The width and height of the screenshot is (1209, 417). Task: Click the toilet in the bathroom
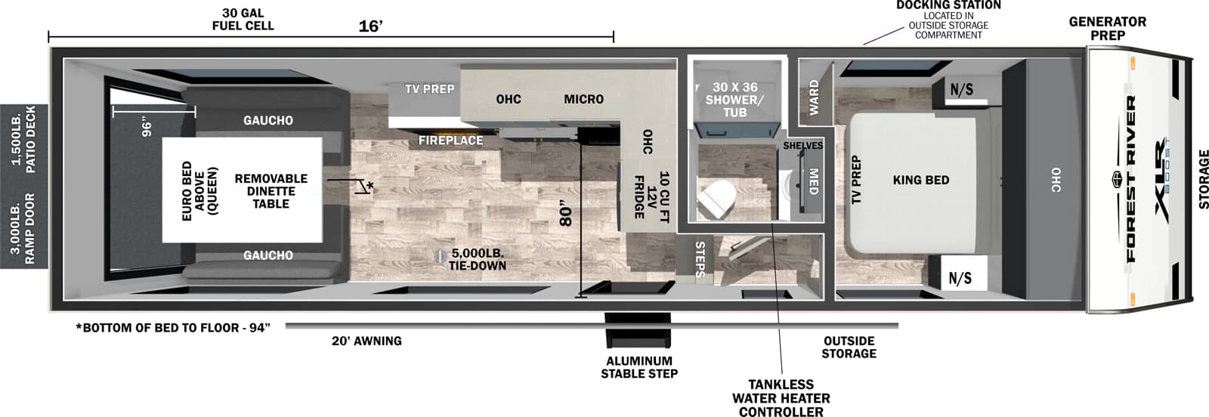tap(715, 200)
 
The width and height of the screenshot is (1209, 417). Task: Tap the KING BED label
tap(920, 180)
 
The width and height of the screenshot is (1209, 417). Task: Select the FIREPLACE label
tap(451, 141)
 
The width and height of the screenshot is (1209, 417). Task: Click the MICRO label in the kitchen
tap(583, 99)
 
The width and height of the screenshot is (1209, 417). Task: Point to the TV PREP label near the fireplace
tap(429, 89)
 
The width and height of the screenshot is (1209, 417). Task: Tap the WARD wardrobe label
tap(814, 97)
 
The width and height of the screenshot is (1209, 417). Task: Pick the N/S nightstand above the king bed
tap(961, 90)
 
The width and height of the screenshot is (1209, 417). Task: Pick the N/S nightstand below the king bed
tap(960, 278)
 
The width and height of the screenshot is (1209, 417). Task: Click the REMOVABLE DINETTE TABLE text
tap(271, 190)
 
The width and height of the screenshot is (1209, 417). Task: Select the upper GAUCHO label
tap(268, 120)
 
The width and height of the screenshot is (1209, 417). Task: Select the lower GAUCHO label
tap(268, 255)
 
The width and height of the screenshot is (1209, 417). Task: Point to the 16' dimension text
tap(370, 27)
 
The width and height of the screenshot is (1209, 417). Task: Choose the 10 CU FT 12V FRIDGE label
tap(651, 196)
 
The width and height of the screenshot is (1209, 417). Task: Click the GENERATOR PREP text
tap(1107, 28)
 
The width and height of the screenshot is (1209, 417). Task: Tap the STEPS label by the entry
tap(700, 259)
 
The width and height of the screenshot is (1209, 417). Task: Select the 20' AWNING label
tap(366, 341)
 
